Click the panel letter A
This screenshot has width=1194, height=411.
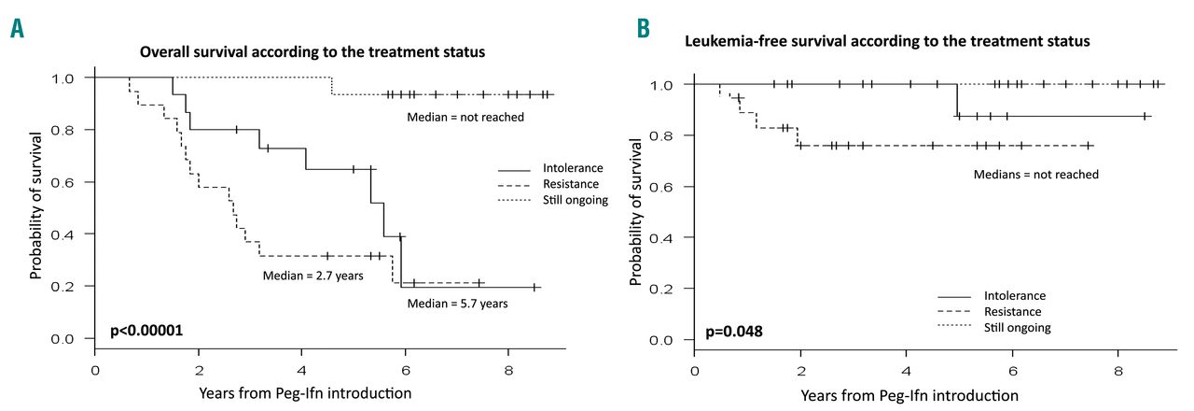tap(18, 29)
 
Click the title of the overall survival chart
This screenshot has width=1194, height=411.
tap(312, 51)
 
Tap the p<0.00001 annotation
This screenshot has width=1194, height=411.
tap(146, 331)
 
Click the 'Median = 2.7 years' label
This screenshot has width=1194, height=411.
tap(313, 276)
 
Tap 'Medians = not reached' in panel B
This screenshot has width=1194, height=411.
tap(1035, 175)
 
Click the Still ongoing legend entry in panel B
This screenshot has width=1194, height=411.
tap(1018, 328)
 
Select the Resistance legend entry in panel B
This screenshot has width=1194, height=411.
tap(1012, 312)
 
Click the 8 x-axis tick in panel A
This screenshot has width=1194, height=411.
tap(508, 371)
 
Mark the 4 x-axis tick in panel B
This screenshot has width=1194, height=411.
tap(907, 372)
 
